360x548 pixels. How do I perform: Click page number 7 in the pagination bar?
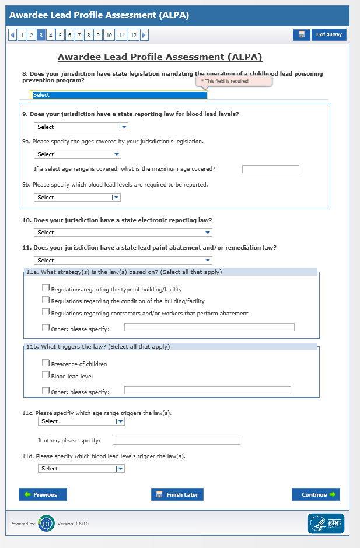pos(79,35)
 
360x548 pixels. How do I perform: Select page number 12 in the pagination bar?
pos(134,35)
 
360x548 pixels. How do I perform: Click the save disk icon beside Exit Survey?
pos(301,35)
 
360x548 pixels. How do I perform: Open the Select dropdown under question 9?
pos(81,127)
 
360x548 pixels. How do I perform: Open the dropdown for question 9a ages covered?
pos(78,154)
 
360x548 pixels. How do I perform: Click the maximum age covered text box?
pos(270,169)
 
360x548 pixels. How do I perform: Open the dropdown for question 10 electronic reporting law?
pos(123,233)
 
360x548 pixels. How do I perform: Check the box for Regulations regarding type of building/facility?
pos(46,288)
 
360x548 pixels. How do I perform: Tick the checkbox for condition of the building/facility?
pos(46,300)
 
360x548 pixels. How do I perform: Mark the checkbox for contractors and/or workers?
pos(46,312)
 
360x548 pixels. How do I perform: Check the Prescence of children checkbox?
pos(46,363)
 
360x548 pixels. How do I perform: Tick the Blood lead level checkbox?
pos(46,375)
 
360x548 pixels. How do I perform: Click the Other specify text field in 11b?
pos(207,390)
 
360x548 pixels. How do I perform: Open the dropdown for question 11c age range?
pos(81,421)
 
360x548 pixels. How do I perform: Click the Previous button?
pos(43,494)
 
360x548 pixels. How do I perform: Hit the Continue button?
pos(316,494)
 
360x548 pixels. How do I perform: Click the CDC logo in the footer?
pos(326,524)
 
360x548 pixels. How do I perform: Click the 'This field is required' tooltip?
pos(234,81)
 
